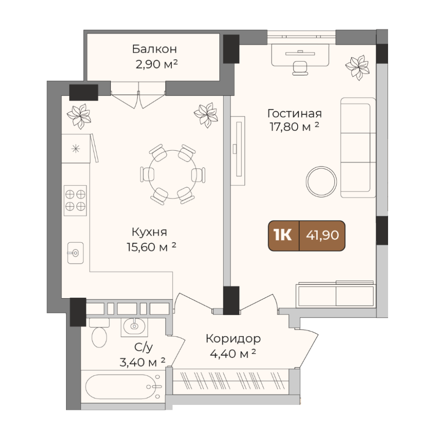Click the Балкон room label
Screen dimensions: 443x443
coord(155,49)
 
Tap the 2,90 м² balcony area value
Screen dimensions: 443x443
coord(156,64)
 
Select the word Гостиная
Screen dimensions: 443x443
coord(295,113)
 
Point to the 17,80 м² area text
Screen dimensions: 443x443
coord(295,127)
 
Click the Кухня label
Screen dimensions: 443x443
coord(149,232)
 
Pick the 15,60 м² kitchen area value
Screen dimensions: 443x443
coord(152,247)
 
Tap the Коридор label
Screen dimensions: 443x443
coord(233,338)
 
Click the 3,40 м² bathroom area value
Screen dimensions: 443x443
coord(142,362)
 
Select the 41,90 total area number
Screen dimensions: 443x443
coord(323,235)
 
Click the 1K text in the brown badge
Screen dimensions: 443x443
coord(283,235)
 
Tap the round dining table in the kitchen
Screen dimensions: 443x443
coord(172,174)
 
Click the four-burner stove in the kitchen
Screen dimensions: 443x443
coord(75,201)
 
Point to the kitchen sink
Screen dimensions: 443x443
coord(75,253)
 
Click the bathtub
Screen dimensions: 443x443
coord(124,387)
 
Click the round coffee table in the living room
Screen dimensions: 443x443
coord(321,182)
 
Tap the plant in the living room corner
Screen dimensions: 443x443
coord(358,67)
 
